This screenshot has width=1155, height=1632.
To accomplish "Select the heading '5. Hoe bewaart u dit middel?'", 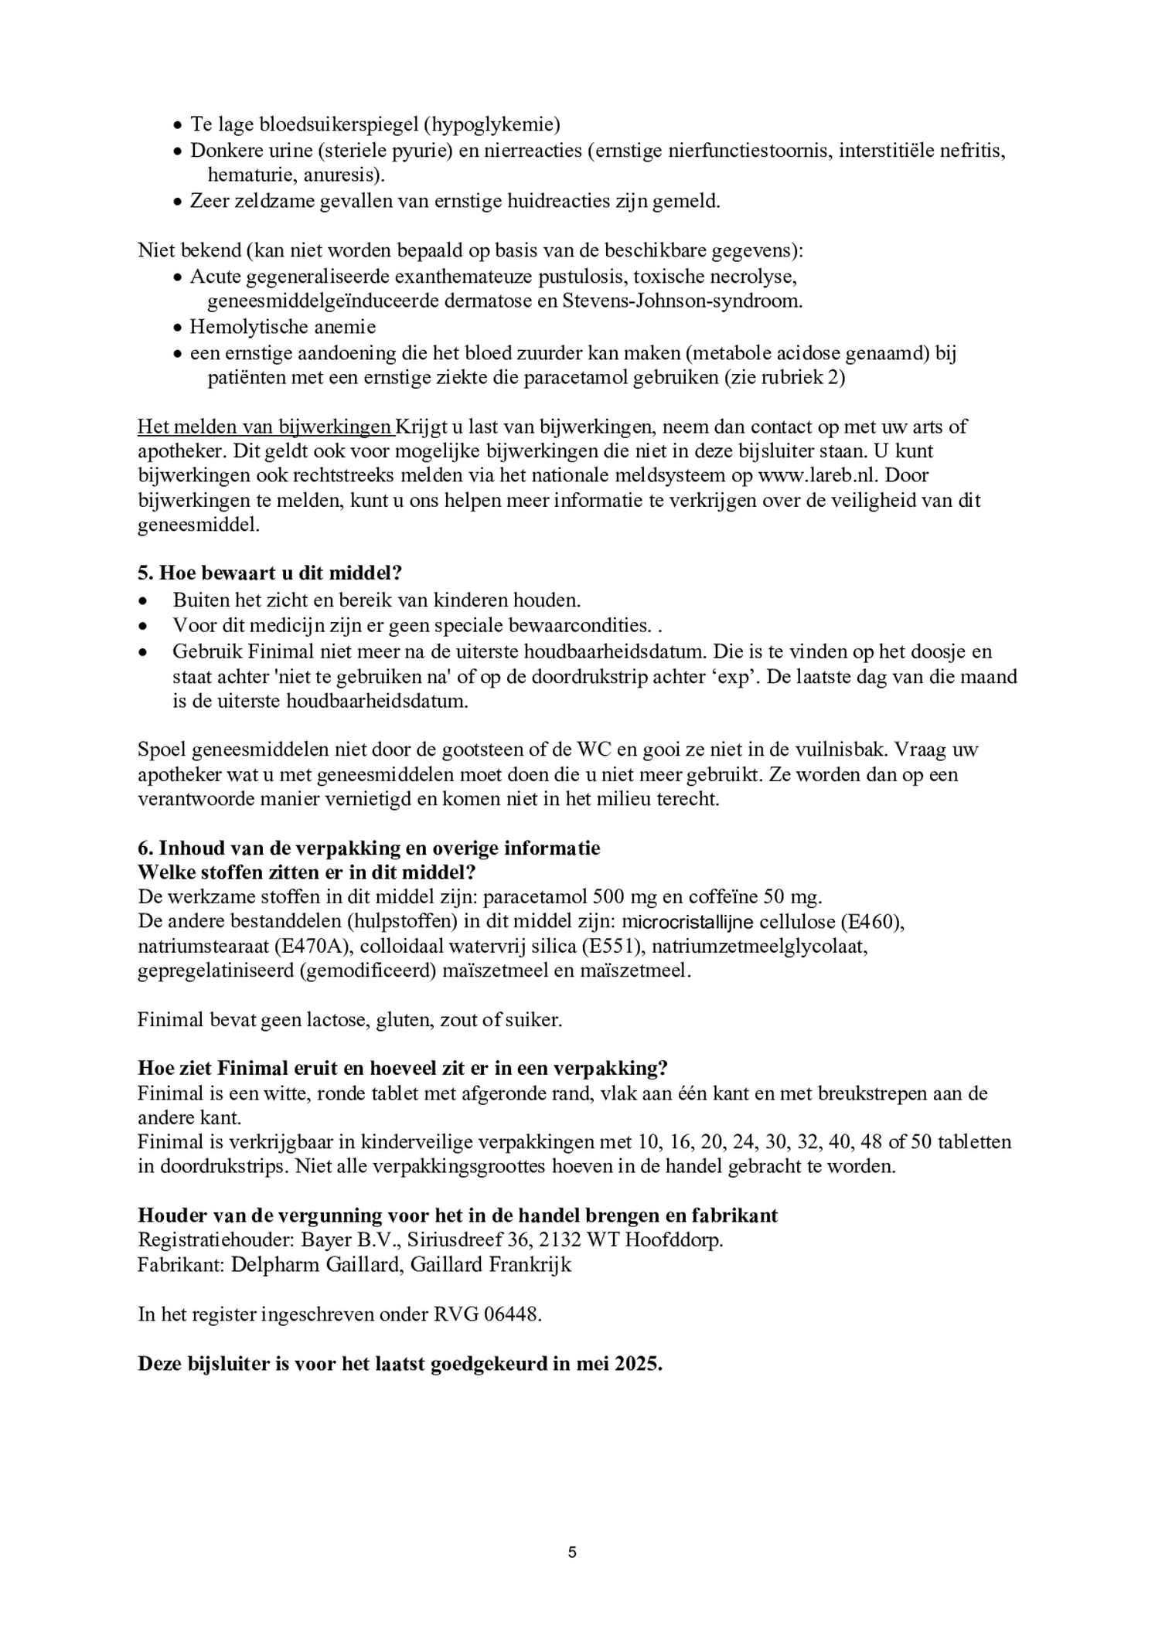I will (271, 573).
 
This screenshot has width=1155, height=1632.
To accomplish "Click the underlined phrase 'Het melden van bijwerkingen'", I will (264, 427).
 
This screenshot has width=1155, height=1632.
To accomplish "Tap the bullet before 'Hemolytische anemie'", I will (178, 328).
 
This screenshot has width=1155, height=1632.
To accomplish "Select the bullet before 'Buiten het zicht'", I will (142, 600).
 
